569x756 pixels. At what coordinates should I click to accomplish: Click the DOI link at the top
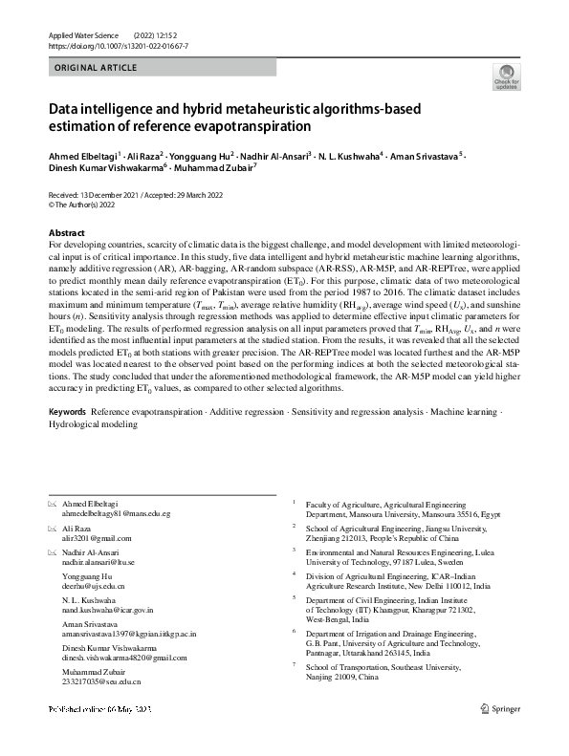[x=113, y=45]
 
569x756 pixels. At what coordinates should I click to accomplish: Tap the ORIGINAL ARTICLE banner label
[x=97, y=68]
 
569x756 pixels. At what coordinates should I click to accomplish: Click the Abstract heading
[x=68, y=233]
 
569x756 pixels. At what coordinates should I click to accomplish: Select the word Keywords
[x=68, y=411]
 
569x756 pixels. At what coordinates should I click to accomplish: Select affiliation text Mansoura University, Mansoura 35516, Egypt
[x=412, y=514]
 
